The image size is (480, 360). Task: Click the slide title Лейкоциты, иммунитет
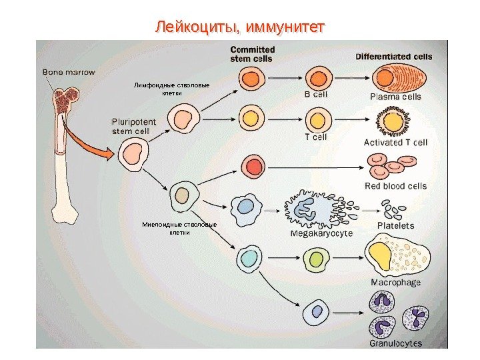coord(239,27)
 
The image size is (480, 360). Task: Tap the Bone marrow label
coord(69,71)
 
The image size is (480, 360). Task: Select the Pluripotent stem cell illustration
coord(133,155)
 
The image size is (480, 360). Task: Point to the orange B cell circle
coord(317,79)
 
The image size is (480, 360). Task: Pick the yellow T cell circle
coord(317,119)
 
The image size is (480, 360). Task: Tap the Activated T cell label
coord(395,142)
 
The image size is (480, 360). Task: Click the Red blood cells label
coord(395,185)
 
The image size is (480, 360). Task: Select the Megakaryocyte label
coord(321,233)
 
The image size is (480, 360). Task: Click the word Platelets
coord(395,226)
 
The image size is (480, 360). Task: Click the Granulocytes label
coord(395,343)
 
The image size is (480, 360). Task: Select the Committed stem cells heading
coord(252,53)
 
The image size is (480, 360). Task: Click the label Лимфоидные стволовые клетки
coord(172,89)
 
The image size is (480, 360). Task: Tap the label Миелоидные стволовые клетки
coord(179,228)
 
